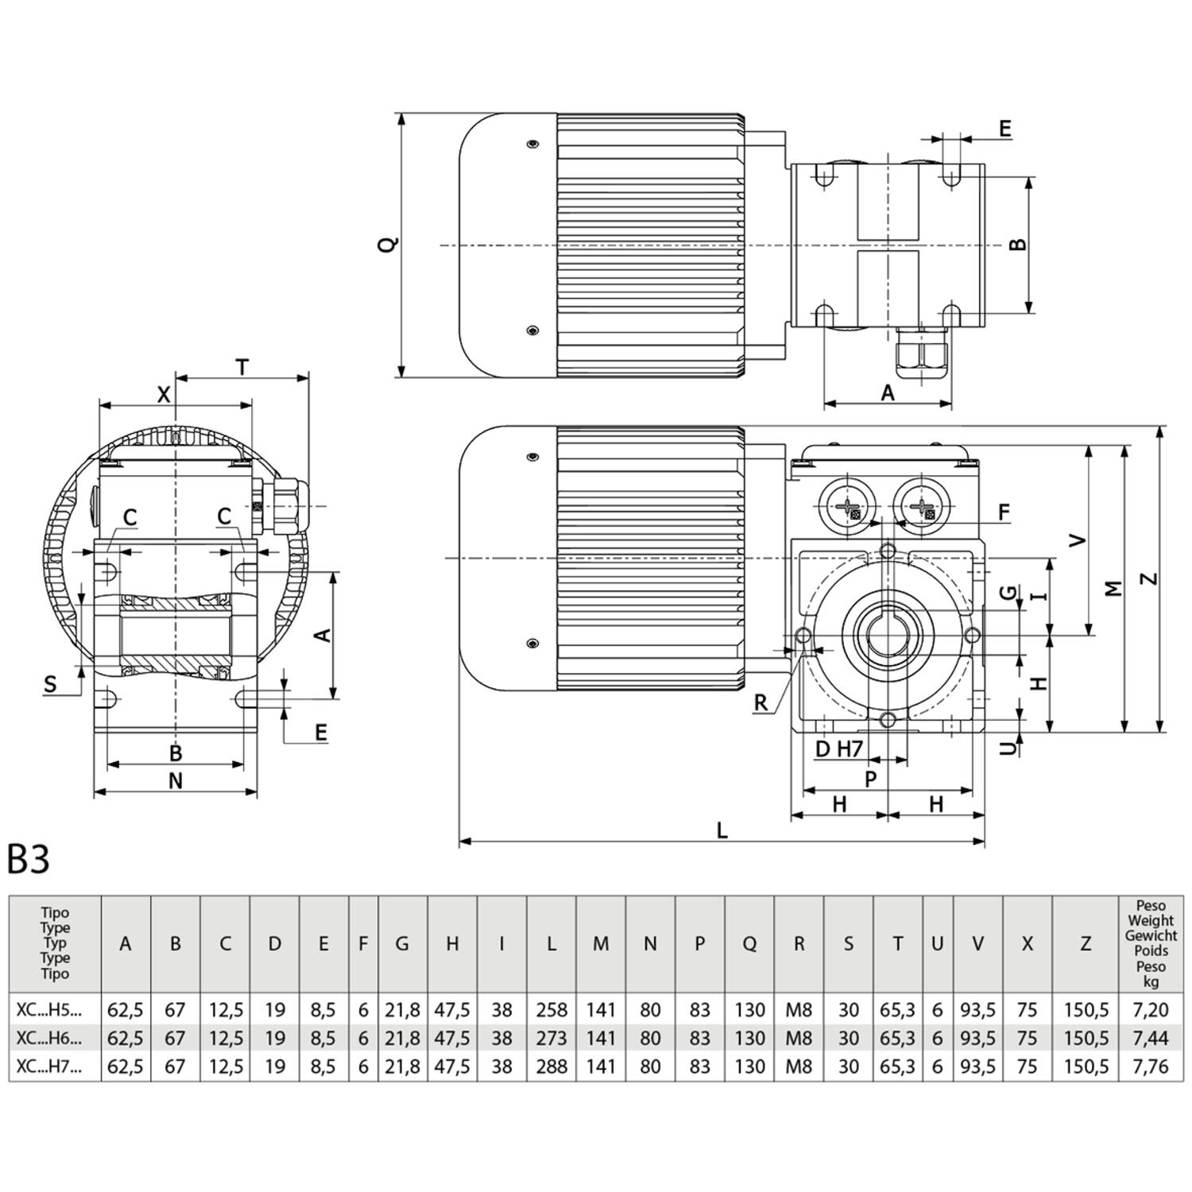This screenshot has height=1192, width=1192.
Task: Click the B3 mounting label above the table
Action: [x=29, y=859]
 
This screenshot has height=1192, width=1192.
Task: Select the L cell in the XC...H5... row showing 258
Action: [x=551, y=1010]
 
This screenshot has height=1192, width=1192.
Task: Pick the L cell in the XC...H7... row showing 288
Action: [x=551, y=1066]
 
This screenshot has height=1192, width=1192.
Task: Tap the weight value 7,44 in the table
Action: [x=1150, y=1038]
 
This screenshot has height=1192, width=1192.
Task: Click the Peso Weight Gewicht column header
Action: [x=1150, y=943]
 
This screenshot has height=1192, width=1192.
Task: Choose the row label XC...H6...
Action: [x=49, y=1038]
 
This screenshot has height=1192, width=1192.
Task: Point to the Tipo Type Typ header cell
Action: [x=55, y=943]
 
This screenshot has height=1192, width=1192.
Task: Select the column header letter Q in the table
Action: [x=749, y=943]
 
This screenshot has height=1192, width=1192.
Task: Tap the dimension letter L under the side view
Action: [x=722, y=830]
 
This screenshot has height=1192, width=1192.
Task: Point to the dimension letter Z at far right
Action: [x=1149, y=579]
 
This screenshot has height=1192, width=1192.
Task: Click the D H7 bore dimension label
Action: [x=838, y=749]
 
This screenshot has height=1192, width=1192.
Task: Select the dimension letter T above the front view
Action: [x=242, y=367]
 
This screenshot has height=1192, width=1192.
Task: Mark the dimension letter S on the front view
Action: [x=51, y=684]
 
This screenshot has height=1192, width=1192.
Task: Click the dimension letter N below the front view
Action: [x=176, y=781]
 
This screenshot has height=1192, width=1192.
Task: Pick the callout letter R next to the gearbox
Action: [x=760, y=702]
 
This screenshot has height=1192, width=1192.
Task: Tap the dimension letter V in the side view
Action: [x=1077, y=540]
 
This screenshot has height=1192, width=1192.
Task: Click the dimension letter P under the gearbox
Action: [x=871, y=779]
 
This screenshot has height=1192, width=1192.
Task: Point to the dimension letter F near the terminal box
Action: [x=1004, y=513]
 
